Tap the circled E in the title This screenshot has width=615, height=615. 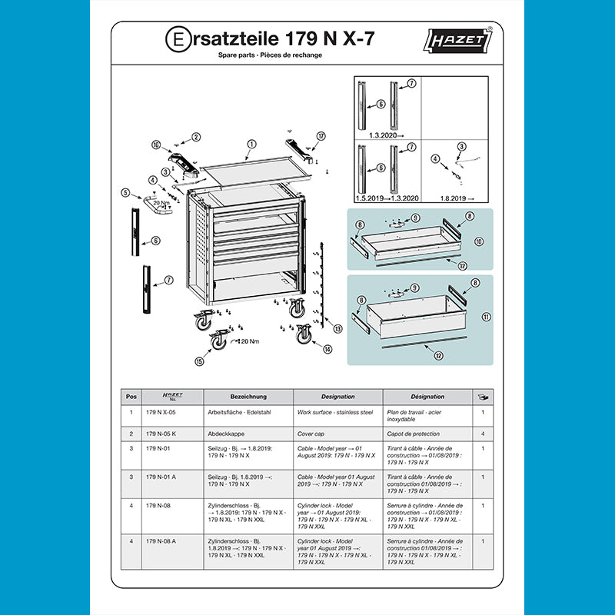coord(175,38)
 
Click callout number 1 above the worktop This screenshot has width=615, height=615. coord(251,144)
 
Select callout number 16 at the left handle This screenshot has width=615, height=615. coord(156,145)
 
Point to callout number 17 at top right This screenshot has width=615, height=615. coord(321,136)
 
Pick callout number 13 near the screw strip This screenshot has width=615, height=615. coord(337,328)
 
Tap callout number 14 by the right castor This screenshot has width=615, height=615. coord(327,349)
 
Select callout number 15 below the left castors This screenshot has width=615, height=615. coord(201,361)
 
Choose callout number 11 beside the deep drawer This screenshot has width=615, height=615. coord(485,316)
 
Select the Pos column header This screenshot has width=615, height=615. coord(131,397)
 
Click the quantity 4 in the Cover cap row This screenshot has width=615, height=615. coord(482,434)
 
